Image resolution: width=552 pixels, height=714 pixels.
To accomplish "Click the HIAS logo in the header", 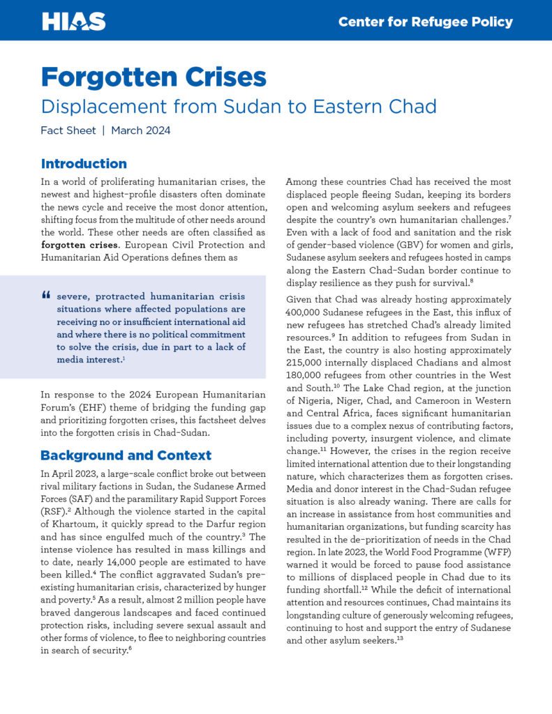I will click(x=73, y=21).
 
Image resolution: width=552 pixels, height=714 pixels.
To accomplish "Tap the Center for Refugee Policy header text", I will click(x=425, y=22).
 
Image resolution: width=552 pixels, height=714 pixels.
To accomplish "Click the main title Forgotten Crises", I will click(x=154, y=76).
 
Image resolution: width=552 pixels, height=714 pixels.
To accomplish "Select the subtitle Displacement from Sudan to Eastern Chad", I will click(x=239, y=107).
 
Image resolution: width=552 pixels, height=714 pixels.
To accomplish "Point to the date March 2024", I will click(x=140, y=130).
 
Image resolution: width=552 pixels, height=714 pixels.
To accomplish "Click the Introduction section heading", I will click(x=84, y=164).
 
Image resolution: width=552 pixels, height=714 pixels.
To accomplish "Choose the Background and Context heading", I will click(x=126, y=455).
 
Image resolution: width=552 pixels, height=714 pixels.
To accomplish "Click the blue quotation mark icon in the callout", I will click(x=47, y=296).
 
